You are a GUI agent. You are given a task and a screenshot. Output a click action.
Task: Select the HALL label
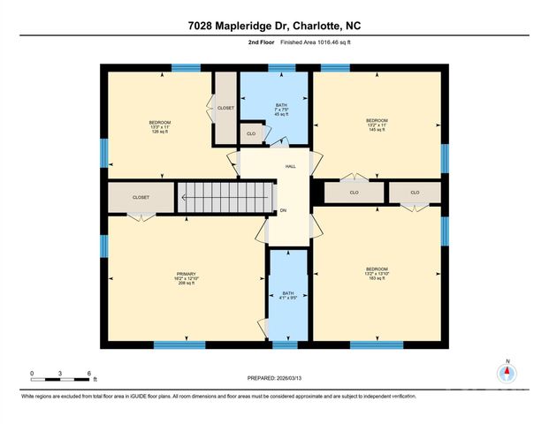point(290,166)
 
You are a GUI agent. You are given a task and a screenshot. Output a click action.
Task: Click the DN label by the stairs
point(284,210)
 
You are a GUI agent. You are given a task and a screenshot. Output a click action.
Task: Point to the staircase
point(222,197)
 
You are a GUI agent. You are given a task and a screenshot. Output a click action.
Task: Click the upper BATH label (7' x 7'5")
point(281,110)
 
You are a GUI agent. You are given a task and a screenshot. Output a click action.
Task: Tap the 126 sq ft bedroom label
point(159,127)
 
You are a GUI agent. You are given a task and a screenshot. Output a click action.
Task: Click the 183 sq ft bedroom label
point(377,274)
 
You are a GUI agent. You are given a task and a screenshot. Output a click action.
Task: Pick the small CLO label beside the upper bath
point(251,133)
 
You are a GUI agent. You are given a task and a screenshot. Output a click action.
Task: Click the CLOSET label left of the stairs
point(141,197)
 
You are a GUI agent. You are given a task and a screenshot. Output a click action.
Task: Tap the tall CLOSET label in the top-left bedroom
point(225,108)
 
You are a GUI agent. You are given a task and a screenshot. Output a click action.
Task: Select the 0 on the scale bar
point(32,374)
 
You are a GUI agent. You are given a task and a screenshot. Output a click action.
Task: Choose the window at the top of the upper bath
point(281,67)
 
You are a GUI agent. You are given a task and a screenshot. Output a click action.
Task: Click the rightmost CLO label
point(414,192)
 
